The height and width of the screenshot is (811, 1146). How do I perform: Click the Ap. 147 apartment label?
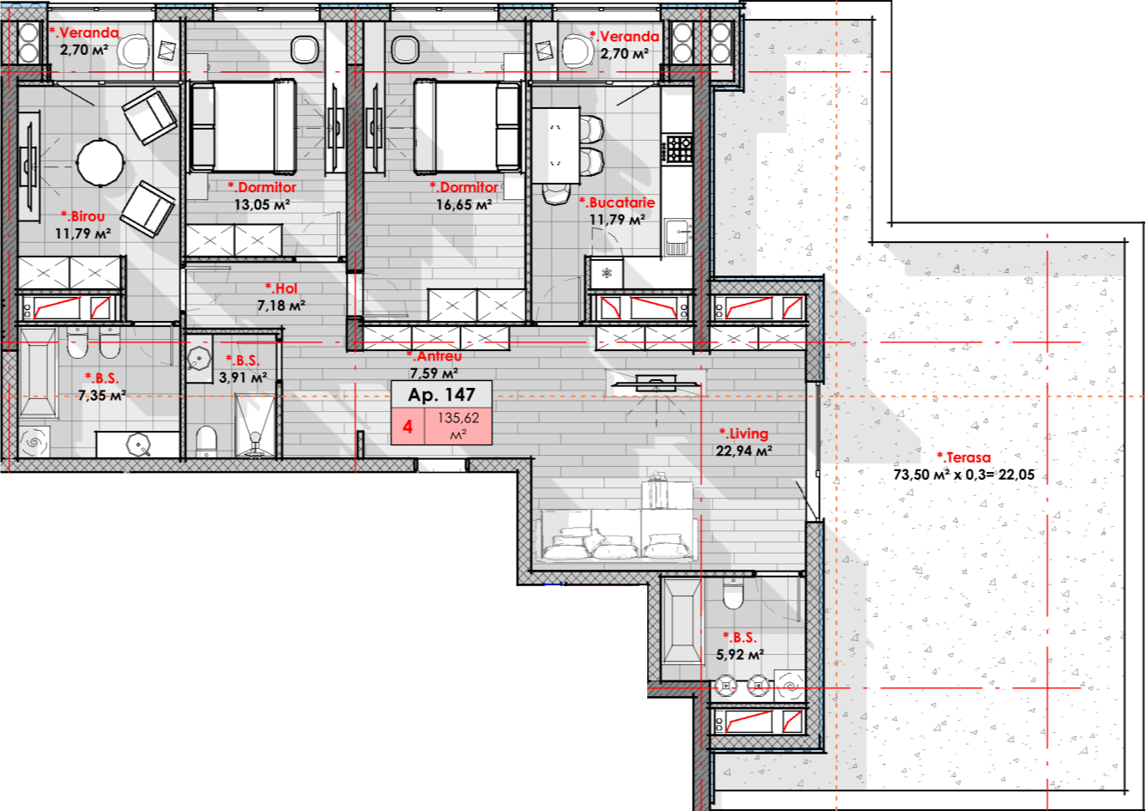coord(441,395)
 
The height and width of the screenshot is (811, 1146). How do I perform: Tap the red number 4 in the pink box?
coord(408,427)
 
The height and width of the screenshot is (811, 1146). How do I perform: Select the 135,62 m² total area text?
coord(458,426)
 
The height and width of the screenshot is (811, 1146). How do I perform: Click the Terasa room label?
coord(963,457)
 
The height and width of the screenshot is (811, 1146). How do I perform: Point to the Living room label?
coord(743,433)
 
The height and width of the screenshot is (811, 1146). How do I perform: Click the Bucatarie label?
coord(617,203)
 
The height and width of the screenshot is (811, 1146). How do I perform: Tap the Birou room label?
coord(83,216)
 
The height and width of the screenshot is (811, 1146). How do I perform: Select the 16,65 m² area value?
coord(464,205)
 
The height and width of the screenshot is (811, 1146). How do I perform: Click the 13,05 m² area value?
coord(262,205)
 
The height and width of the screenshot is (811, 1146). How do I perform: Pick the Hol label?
coord(281,288)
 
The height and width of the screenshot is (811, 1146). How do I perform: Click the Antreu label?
coord(434,356)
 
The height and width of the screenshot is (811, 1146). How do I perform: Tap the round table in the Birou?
coord(100,162)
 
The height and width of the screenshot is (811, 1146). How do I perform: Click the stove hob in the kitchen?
coord(679,148)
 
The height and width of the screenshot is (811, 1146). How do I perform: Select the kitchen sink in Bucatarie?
coord(678,237)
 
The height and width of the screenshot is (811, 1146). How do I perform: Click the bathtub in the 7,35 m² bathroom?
coord(38,372)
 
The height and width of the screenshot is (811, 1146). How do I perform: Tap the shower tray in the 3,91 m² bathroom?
coord(255,425)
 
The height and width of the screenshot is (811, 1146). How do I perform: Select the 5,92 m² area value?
coord(740,655)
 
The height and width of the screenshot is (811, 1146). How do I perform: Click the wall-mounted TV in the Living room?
coord(657,383)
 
